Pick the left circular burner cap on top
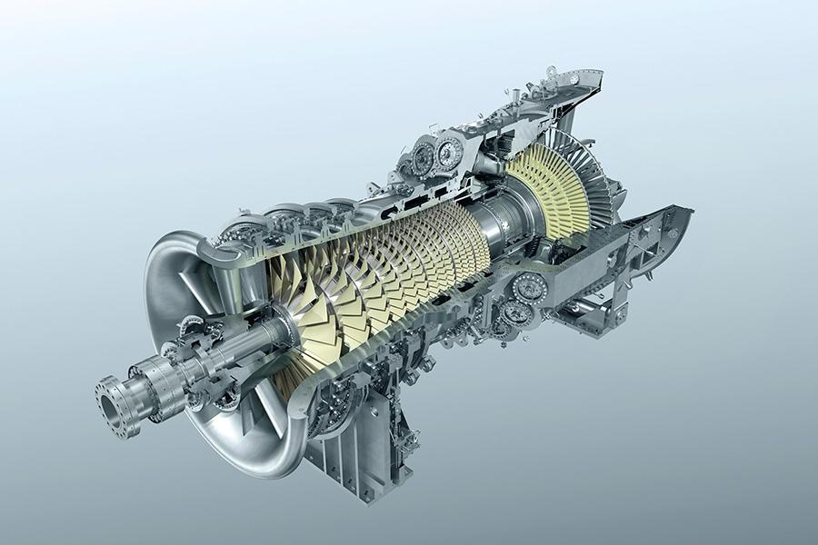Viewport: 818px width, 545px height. coord(424,157)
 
